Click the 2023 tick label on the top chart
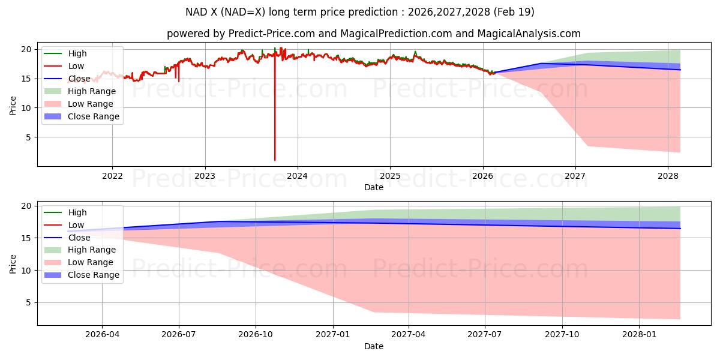205,176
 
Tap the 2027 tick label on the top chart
575,176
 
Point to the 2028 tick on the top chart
668,176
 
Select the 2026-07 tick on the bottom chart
179,335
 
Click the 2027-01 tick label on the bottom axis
332,335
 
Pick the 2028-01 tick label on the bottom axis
640,335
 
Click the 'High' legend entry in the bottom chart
77,212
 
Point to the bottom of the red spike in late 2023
275,160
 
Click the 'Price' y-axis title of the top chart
13,106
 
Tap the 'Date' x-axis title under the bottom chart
373,346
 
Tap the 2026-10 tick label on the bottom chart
256,335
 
